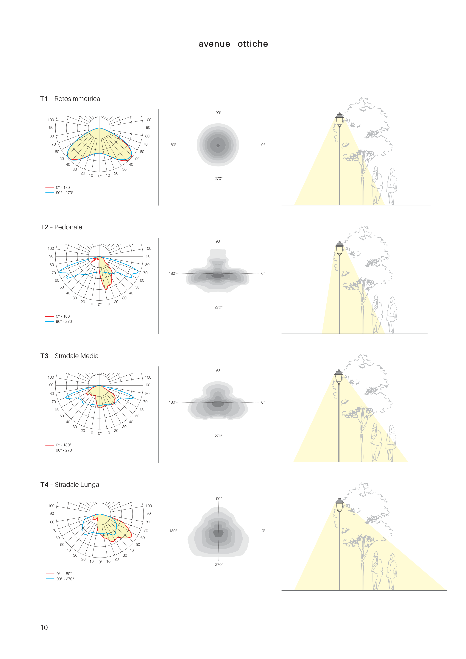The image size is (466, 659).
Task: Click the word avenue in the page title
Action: pos(214,44)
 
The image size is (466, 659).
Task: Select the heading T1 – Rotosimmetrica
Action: pos(70,99)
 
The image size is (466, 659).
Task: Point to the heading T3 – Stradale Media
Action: pos(69,356)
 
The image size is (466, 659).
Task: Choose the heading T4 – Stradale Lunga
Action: pos(70,485)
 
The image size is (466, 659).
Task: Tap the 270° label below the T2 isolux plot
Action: pos(218,307)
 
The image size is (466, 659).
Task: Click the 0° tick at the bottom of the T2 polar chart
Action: pos(100,304)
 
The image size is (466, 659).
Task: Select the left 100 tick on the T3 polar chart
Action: pos(51,377)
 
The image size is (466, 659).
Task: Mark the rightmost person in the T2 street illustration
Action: pos(392,314)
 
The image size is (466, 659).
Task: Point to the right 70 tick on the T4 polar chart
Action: pos(146,530)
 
